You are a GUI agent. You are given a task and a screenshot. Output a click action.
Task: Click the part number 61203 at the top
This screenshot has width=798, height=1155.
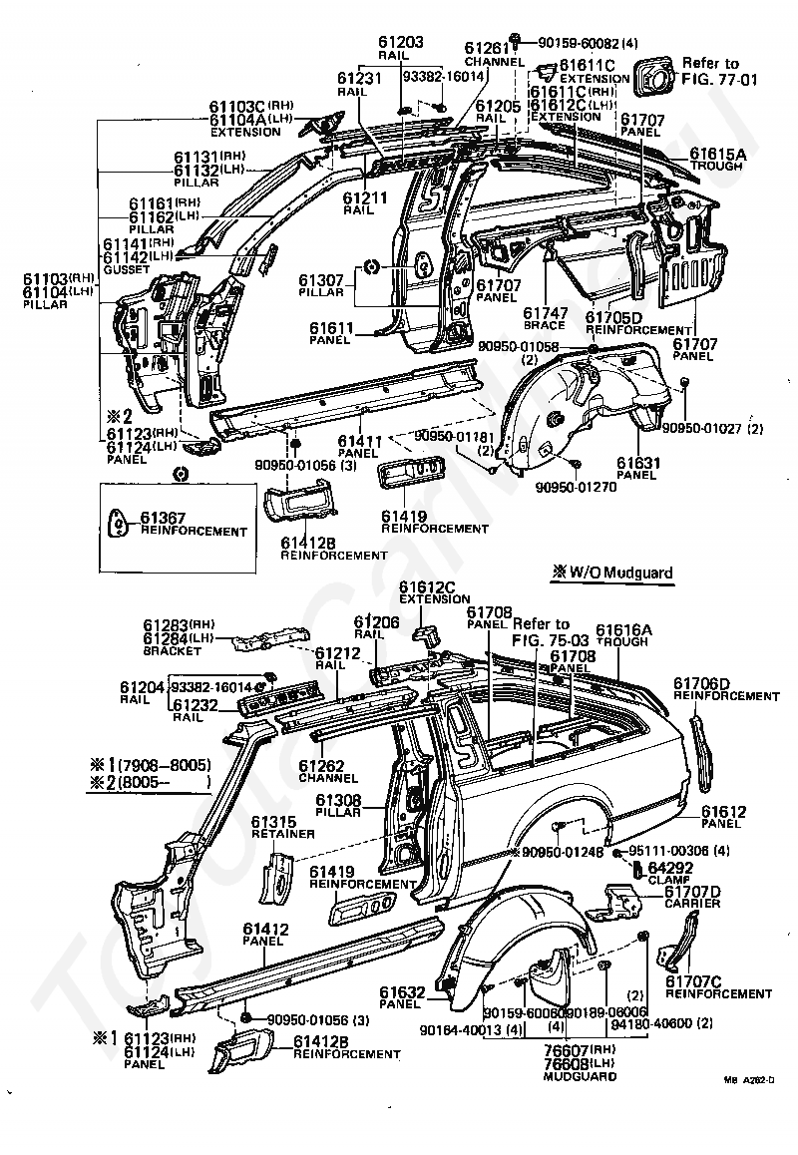point(401,42)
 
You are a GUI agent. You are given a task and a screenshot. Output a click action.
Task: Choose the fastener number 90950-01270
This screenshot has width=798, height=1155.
point(576,488)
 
